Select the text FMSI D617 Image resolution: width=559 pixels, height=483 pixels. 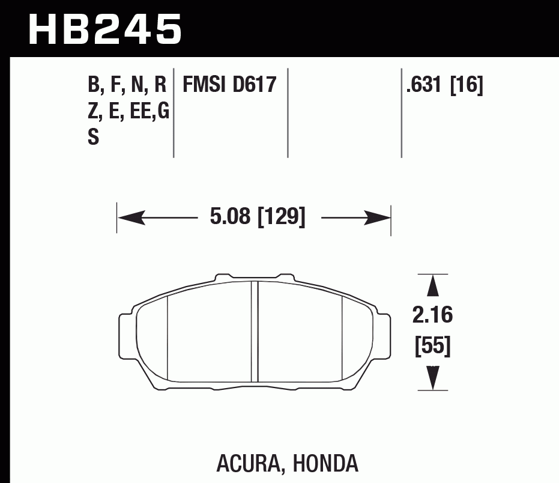point(229,85)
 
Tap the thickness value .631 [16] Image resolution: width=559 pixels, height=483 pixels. point(444,85)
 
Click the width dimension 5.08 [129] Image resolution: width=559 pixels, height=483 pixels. point(258,217)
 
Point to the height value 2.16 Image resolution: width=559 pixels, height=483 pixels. point(432,315)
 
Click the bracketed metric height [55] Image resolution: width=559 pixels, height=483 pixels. point(432,347)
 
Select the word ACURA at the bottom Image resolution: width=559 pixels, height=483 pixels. point(246,463)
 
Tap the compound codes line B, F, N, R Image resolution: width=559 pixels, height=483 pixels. point(127,85)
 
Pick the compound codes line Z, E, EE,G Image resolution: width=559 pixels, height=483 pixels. point(128,111)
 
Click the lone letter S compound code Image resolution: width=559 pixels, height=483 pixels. point(93,138)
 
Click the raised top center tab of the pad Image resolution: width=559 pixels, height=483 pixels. point(255,278)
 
